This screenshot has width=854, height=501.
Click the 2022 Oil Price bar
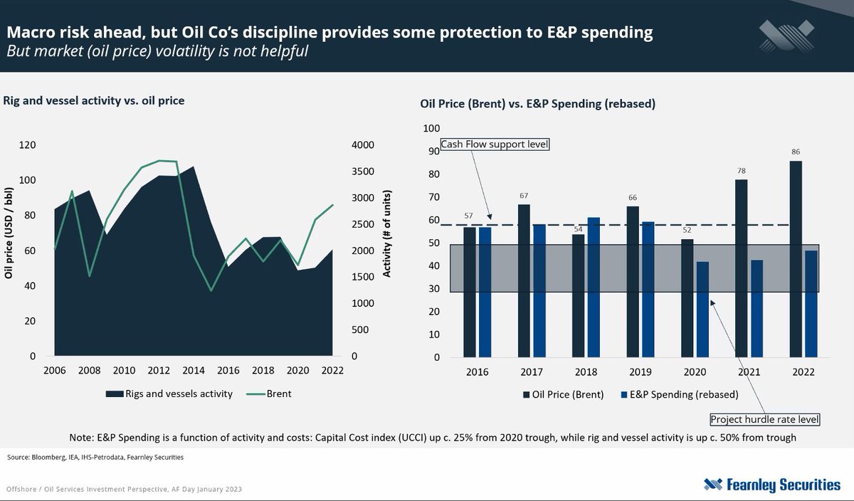coord(796,259)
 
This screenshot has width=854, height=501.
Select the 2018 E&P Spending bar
coord(593,288)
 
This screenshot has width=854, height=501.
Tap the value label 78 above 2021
coord(741,170)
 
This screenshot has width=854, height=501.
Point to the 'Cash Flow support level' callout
coord(495,144)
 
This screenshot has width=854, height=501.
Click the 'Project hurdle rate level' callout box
coord(764,419)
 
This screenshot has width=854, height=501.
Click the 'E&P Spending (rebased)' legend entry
coord(680,394)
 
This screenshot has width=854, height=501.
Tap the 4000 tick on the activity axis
coord(362,145)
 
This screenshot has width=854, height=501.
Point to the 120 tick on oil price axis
coord(27,145)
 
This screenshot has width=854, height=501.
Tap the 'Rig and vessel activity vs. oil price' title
coord(94,101)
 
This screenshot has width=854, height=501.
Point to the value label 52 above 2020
coord(687,231)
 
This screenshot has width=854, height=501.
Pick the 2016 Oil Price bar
coord(469,292)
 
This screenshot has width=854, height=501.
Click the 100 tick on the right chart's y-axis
coord(432,129)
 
